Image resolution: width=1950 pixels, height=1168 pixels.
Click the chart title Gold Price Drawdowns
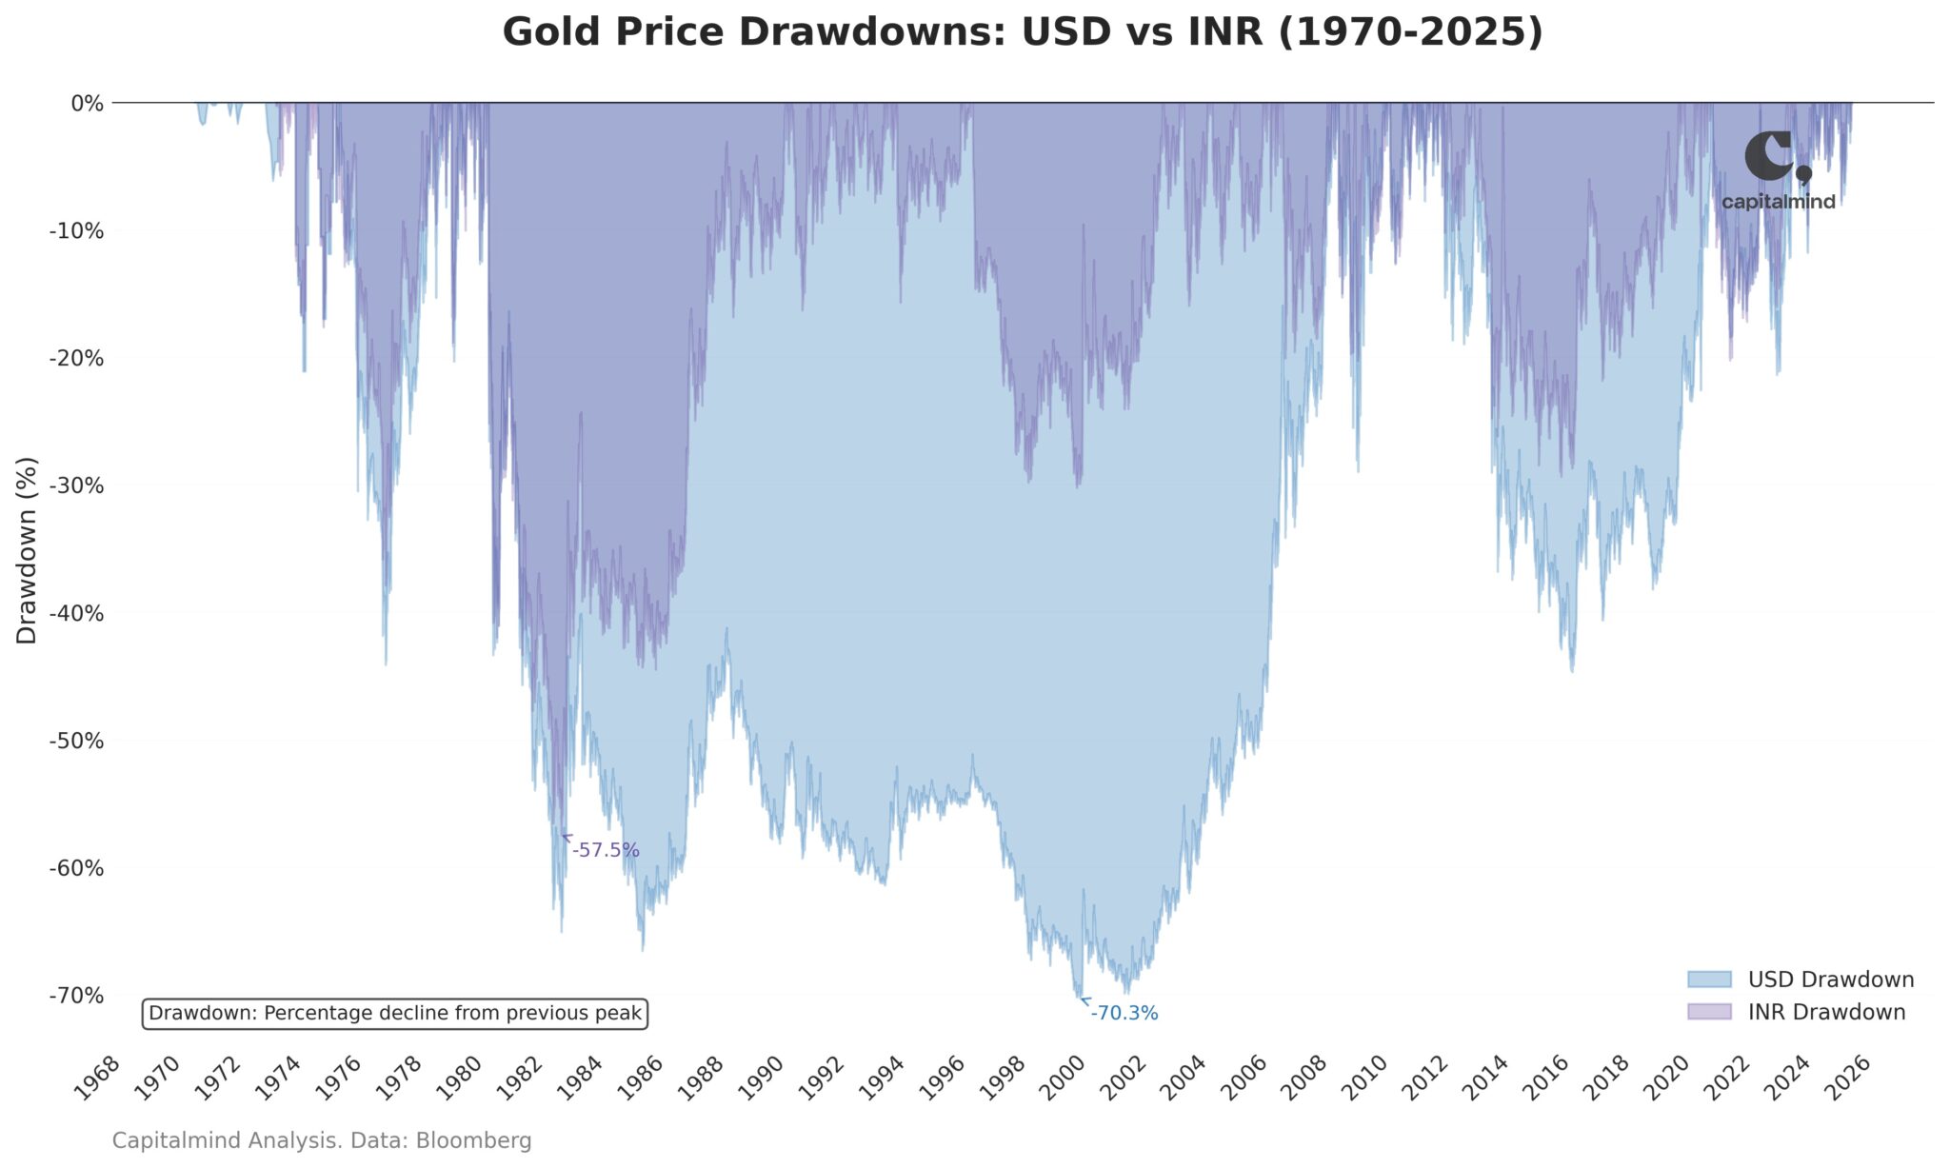click(1022, 31)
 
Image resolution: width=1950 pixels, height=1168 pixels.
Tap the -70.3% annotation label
click(1124, 1014)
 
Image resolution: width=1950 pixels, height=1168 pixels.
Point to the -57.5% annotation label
click(606, 850)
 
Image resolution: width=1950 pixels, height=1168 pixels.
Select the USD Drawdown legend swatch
click(1709, 980)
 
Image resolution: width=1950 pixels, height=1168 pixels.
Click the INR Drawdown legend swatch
click(1709, 1012)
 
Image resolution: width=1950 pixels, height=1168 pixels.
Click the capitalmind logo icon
click(1775, 157)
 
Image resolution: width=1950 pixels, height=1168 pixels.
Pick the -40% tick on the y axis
click(76, 613)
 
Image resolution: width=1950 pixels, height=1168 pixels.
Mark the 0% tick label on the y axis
click(87, 103)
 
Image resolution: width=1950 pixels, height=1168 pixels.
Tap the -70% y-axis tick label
click(76, 996)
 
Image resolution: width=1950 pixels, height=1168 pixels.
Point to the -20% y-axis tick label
click(76, 358)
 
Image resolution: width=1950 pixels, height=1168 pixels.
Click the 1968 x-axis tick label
click(99, 1078)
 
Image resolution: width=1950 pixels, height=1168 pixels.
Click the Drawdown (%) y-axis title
click(27, 550)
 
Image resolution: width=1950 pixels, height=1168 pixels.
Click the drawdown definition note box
click(395, 1014)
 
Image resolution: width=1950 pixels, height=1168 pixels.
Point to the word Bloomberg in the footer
click(473, 1140)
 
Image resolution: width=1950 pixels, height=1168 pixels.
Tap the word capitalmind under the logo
click(1778, 202)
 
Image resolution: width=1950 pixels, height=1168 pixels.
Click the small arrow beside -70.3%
click(1084, 1000)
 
